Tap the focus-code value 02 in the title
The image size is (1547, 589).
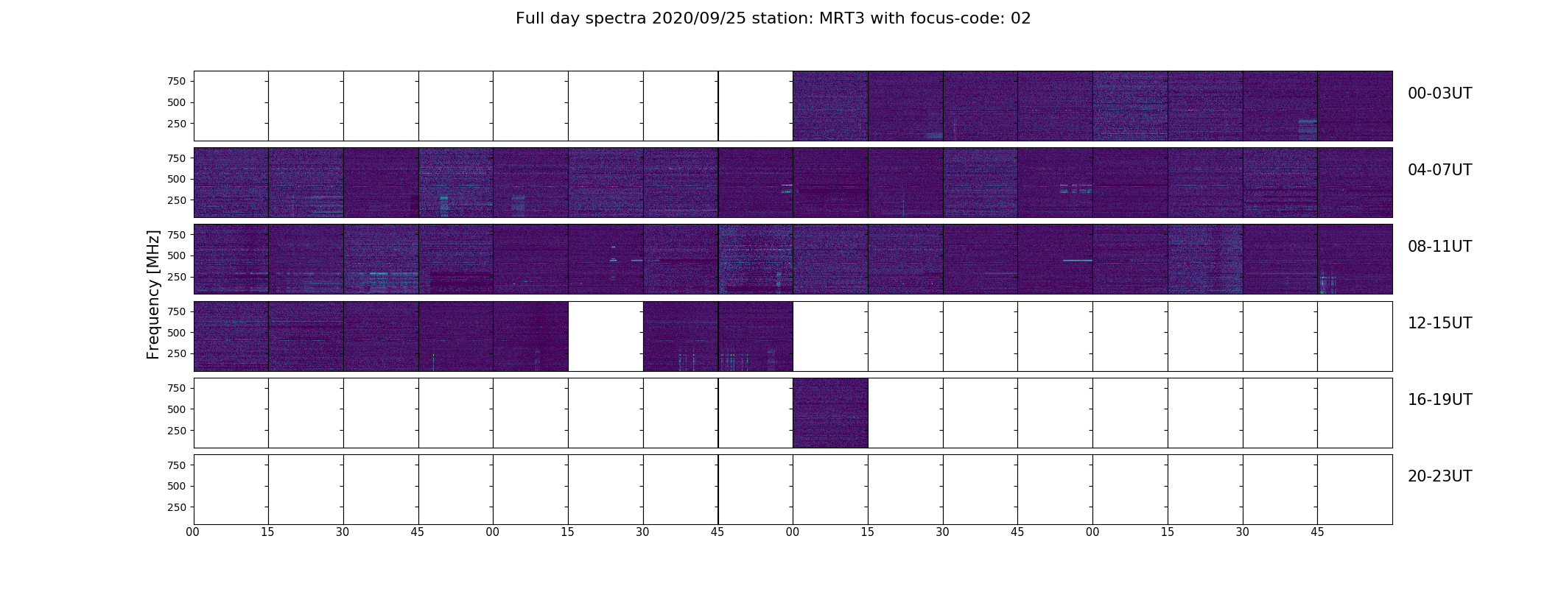pyautogui.click(x=1020, y=18)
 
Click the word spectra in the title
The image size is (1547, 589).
pyautogui.click(x=616, y=19)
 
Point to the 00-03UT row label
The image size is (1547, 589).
pyautogui.click(x=1439, y=94)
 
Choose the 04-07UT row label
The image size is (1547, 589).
pyautogui.click(x=1439, y=170)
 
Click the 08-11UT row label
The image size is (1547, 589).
pyautogui.click(x=1439, y=247)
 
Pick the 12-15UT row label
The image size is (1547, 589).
pyautogui.click(x=1439, y=323)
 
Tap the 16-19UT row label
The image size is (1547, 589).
pyautogui.click(x=1439, y=400)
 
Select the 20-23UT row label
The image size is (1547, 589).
pyautogui.click(x=1439, y=476)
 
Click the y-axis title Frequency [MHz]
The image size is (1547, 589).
pyautogui.click(x=153, y=294)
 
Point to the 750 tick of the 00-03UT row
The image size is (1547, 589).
pyautogui.click(x=177, y=81)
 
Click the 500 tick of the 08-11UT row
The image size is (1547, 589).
pyautogui.click(x=177, y=255)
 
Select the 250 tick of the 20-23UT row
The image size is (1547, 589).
pyautogui.click(x=177, y=507)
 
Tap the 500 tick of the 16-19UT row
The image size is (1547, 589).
pyautogui.click(x=177, y=409)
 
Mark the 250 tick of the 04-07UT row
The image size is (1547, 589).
pyautogui.click(x=177, y=200)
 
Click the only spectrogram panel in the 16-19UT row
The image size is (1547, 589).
pyautogui.click(x=830, y=413)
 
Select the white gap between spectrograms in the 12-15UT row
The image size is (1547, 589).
pyautogui.click(x=606, y=336)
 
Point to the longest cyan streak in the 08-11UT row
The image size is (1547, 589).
pyautogui.click(x=1078, y=261)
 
